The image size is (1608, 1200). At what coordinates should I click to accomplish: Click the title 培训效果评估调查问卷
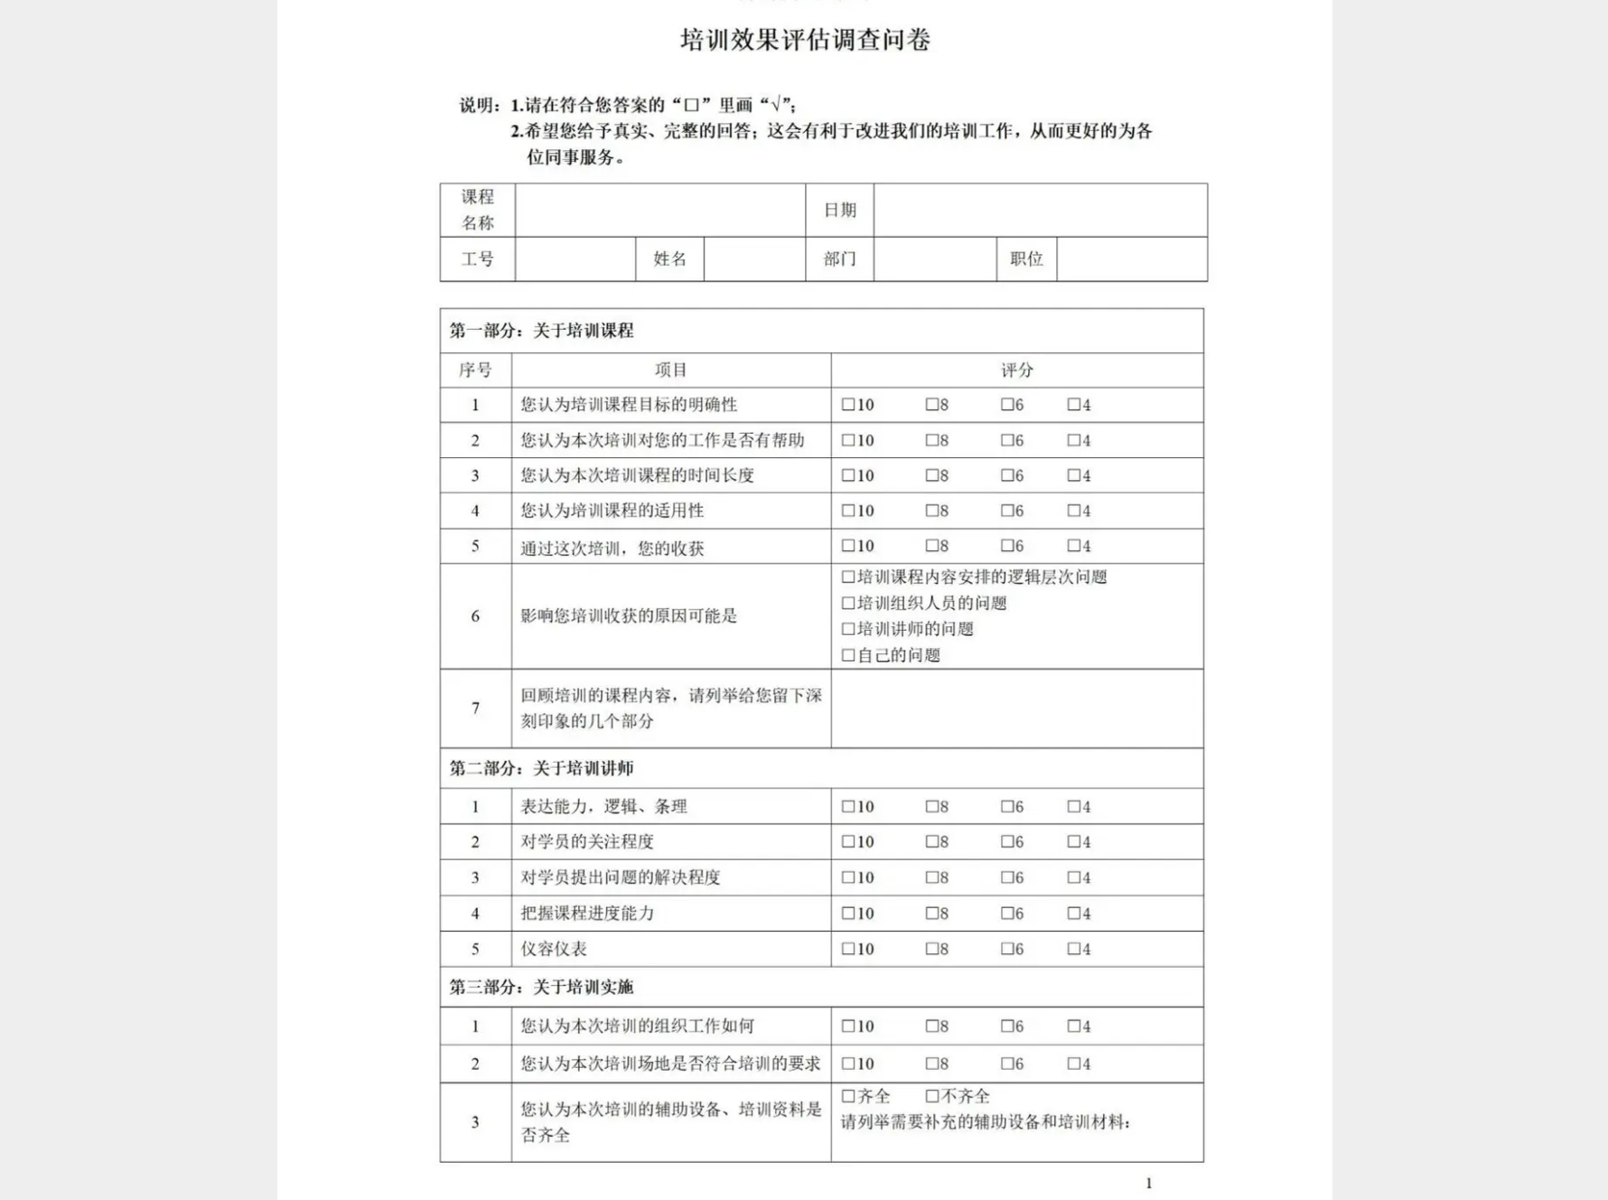[805, 41]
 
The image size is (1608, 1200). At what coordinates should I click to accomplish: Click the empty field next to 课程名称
[659, 211]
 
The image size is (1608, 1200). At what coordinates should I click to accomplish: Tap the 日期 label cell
[839, 211]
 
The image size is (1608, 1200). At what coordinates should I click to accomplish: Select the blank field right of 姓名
[754, 259]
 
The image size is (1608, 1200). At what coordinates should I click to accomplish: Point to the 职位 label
[1026, 259]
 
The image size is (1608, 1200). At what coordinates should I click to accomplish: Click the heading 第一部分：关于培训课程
[542, 331]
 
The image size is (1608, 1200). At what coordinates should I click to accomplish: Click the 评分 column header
[1016, 370]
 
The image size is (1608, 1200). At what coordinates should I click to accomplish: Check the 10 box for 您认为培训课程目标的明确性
[847, 405]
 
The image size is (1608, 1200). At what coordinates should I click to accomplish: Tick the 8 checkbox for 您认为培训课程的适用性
[931, 511]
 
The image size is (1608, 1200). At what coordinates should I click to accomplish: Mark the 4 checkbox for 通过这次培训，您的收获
[1073, 546]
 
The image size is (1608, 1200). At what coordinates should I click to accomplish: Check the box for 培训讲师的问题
[847, 629]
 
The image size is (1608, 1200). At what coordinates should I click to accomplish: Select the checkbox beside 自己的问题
[847, 655]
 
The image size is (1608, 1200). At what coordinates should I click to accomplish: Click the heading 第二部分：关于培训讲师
[542, 768]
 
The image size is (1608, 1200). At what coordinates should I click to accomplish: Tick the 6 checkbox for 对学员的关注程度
[1006, 842]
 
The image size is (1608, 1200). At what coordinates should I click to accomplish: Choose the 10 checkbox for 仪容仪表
[847, 949]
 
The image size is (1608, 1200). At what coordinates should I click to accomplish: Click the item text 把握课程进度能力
[587, 914]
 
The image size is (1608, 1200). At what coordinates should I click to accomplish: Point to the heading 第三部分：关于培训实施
[542, 987]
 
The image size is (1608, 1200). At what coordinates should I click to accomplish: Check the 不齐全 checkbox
[931, 1096]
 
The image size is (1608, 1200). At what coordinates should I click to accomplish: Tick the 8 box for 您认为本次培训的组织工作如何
[931, 1027]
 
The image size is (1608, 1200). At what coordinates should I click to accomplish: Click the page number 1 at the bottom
[1148, 1183]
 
